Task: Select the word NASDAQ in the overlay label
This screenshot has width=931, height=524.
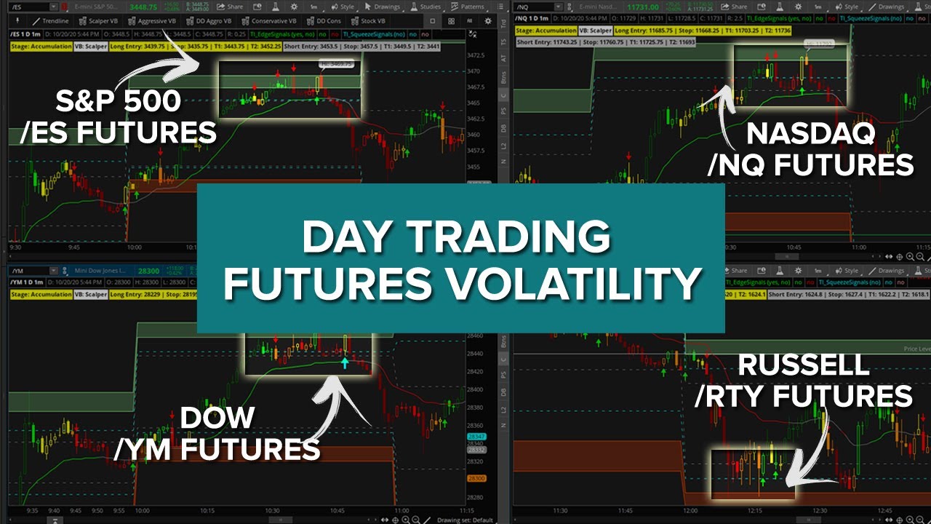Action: (x=810, y=135)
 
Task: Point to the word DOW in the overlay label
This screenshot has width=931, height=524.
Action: (x=217, y=418)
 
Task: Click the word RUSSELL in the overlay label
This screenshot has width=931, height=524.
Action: (x=804, y=365)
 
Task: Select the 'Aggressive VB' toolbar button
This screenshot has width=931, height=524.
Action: (x=153, y=21)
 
